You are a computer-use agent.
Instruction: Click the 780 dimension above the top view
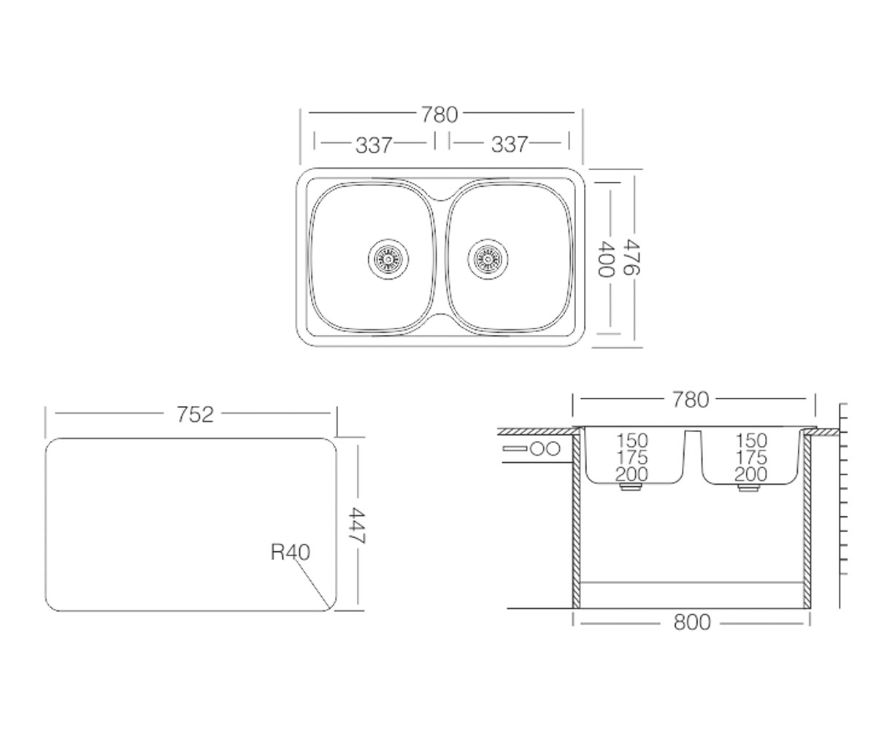(x=439, y=115)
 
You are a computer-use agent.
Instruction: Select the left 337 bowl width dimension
(x=373, y=145)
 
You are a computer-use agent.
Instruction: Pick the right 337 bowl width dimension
(x=510, y=145)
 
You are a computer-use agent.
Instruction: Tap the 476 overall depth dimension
(x=631, y=256)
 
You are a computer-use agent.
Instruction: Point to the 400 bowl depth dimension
(x=605, y=259)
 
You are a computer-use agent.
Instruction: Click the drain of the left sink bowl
(x=388, y=259)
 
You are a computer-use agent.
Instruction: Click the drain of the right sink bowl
(x=488, y=259)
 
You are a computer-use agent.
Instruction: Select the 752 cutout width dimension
(x=195, y=415)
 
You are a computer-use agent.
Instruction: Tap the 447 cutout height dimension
(x=358, y=526)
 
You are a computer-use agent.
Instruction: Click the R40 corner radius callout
(x=291, y=552)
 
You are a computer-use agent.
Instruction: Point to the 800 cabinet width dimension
(x=692, y=622)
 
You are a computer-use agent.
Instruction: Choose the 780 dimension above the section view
(x=691, y=399)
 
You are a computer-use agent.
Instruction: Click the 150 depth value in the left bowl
(x=632, y=440)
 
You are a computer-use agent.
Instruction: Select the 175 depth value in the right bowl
(x=751, y=457)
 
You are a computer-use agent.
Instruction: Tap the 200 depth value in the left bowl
(x=632, y=474)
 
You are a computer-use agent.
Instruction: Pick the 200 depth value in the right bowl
(x=751, y=474)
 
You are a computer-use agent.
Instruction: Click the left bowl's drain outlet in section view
(x=631, y=487)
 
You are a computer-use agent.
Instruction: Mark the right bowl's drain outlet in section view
(x=749, y=488)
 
